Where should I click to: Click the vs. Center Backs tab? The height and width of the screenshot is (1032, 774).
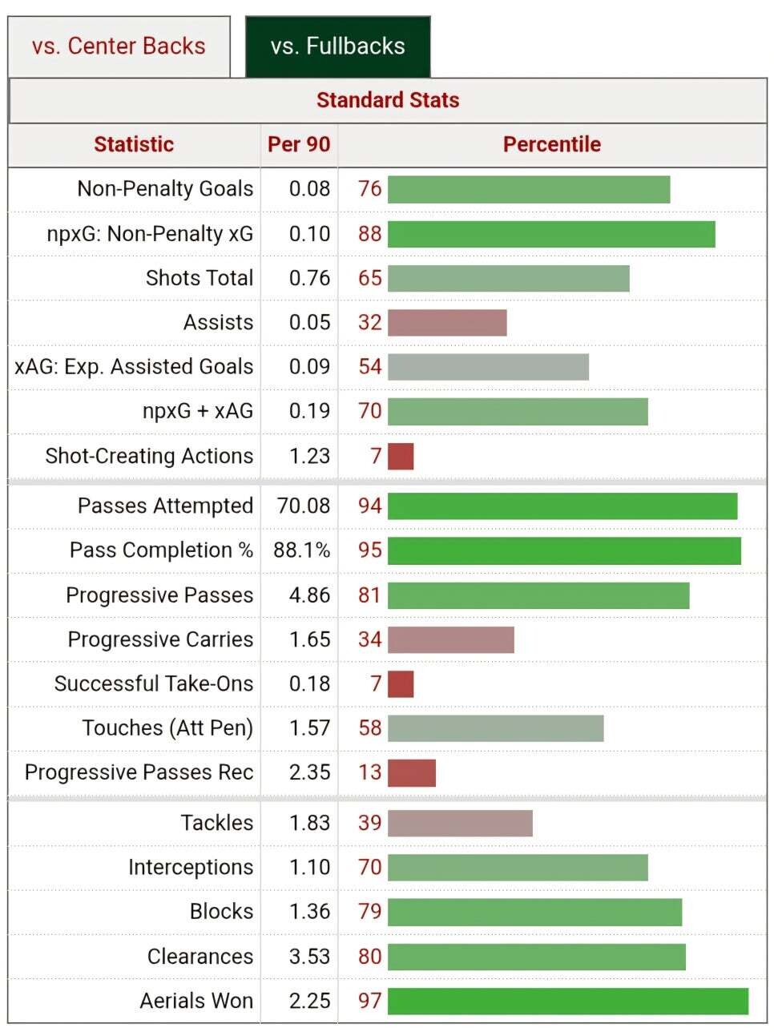pos(119,46)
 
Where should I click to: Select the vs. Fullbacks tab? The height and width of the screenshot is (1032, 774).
pos(337,46)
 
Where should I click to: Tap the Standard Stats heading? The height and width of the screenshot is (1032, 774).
pos(388,100)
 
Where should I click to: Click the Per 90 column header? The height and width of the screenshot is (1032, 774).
pos(299,144)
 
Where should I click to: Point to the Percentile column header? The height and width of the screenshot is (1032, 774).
pos(551,144)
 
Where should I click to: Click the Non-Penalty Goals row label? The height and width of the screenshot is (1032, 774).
pos(165,188)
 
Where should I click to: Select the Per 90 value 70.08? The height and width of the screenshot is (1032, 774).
pos(303,506)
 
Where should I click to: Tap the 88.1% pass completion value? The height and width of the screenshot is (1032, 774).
pos(302,550)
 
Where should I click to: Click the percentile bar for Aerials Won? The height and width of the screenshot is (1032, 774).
pos(567,1001)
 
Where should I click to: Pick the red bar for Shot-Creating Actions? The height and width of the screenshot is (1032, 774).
pos(401,456)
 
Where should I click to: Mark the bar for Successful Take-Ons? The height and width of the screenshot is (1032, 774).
pos(401,684)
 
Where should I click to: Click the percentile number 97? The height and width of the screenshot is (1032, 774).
pos(369,1001)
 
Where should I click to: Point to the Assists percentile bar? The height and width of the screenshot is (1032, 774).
pos(447,322)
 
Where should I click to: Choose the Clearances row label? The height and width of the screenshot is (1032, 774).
pos(200,956)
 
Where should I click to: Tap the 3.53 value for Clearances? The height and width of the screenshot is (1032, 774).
pos(309,956)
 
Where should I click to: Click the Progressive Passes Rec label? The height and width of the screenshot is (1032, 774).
pos(139,772)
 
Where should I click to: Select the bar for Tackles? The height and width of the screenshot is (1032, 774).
pos(460,823)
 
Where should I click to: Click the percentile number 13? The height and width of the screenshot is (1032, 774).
pos(369,772)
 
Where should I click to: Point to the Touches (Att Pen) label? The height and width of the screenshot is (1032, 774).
pos(167,728)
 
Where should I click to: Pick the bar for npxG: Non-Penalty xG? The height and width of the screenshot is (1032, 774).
pos(551,234)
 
